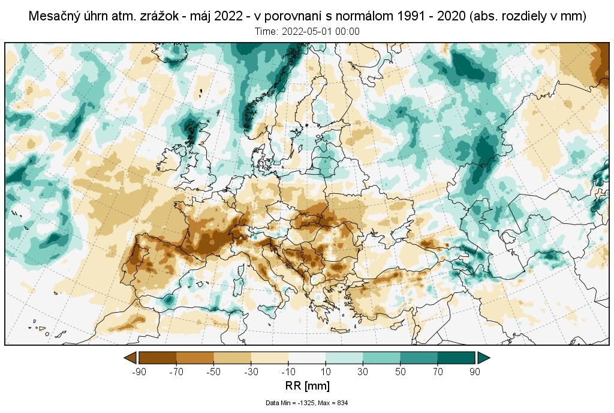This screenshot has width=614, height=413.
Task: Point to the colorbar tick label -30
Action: (x=251, y=372)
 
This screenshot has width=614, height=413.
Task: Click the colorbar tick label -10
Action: (x=288, y=372)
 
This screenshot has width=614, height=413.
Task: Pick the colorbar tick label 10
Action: (x=326, y=372)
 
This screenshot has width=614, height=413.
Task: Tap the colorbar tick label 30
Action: (x=363, y=372)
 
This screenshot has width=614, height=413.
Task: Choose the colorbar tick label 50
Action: (x=401, y=372)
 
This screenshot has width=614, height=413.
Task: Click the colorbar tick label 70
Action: (x=438, y=372)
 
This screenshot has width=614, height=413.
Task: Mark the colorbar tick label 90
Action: (x=475, y=372)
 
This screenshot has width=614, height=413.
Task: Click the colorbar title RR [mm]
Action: (x=306, y=385)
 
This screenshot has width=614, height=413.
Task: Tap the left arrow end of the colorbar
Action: (x=130, y=358)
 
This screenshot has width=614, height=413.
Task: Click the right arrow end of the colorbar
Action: (x=484, y=358)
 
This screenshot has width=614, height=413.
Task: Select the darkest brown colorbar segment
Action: (x=157, y=358)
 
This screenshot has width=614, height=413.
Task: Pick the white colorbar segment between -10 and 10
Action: (x=307, y=358)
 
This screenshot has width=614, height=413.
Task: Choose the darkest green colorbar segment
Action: (x=456, y=358)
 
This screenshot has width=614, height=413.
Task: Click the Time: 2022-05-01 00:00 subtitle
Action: (x=306, y=31)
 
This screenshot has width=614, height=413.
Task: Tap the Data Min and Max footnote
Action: (x=306, y=403)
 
